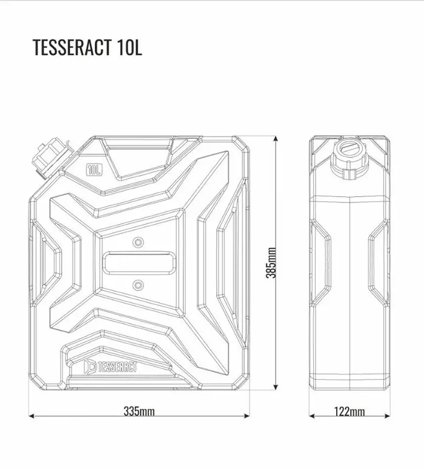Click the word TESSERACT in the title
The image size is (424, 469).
(71, 47)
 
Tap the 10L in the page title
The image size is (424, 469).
(130, 47)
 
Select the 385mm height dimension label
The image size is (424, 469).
(271, 262)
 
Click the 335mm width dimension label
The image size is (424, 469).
(139, 411)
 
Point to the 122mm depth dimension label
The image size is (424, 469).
(349, 411)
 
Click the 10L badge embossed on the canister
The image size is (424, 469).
(94, 170)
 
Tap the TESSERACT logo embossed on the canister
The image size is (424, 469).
(110, 367)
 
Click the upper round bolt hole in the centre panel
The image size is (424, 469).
(138, 242)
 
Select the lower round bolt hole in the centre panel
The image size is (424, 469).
(137, 285)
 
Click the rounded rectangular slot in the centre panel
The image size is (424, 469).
(139, 263)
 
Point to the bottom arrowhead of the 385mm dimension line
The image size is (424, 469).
(276, 386)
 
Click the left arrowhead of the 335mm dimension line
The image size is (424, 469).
(32, 416)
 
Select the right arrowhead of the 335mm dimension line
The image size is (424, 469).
(246, 416)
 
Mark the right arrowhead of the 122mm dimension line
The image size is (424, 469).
(386, 416)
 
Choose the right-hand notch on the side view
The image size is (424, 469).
(378, 263)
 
